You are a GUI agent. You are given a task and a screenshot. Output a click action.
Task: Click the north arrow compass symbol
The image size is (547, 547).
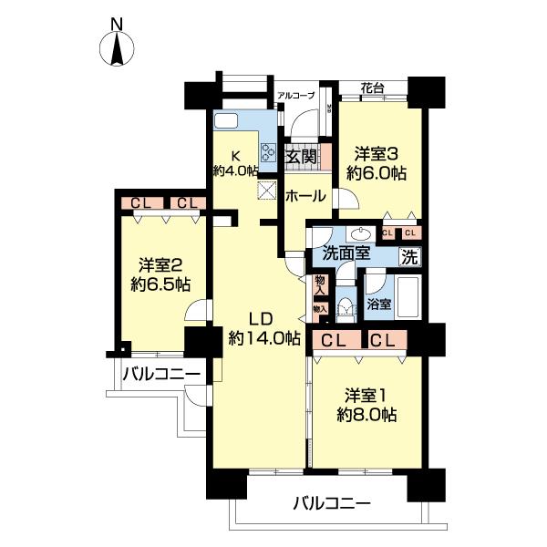pyautogui.click(x=117, y=49)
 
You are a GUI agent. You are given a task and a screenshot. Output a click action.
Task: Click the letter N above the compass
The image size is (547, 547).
pyautogui.click(x=116, y=23)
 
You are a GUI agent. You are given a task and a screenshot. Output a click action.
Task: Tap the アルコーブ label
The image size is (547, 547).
pyautogui.click(x=296, y=95)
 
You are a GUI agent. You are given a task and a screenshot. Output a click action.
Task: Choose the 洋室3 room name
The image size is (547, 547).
pyautogui.click(x=376, y=154)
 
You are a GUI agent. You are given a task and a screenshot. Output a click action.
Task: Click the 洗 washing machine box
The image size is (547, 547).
pyautogui.click(x=411, y=255)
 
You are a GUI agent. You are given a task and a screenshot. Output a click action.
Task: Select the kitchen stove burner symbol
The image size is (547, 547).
pyautogui.click(x=270, y=153)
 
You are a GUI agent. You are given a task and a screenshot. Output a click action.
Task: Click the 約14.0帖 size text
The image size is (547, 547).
pyautogui.click(x=264, y=337)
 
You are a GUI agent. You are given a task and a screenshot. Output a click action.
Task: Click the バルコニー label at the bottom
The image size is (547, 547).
pyautogui.click(x=332, y=502)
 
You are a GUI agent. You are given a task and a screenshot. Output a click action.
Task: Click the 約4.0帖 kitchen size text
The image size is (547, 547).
pyautogui.click(x=235, y=170)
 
